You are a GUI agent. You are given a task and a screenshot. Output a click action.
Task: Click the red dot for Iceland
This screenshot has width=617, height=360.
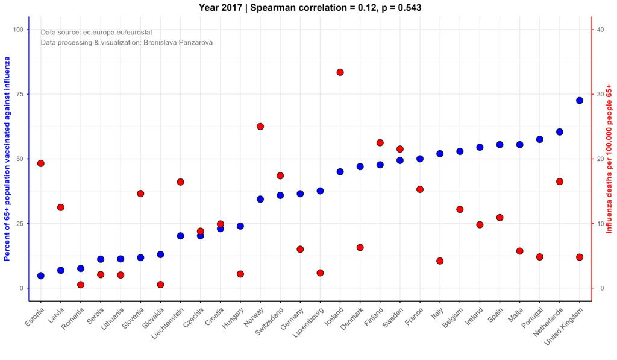pos(340,72)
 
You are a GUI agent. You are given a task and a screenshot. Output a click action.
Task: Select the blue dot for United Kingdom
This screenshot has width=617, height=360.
pos(579,101)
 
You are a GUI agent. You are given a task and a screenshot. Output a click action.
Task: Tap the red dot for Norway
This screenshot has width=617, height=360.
pos(260,127)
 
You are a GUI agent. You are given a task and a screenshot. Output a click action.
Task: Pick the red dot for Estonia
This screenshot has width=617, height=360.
pos(41,163)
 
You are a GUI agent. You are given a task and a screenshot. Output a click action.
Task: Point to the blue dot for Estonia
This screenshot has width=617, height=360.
pos(41,276)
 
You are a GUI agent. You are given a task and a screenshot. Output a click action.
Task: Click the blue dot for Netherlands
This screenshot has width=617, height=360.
pos(560,132)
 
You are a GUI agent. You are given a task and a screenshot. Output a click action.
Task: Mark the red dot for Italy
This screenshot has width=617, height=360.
pos(440,261)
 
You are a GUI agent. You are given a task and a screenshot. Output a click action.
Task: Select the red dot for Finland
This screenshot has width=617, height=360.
pos(380,142)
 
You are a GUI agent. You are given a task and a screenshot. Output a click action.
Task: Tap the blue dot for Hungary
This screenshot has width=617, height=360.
pos(240,226)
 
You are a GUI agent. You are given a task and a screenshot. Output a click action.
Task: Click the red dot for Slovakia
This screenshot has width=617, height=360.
pos(160,285)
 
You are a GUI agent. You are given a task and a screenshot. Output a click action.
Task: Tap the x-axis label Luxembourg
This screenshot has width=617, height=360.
pos(309,323)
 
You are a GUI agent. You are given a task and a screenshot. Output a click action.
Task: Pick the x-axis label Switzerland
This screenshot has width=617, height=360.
pos(270,321)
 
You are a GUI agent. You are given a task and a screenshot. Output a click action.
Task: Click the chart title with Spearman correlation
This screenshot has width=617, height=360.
pos(310,7)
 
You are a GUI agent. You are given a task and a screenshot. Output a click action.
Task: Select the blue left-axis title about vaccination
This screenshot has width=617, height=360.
pos(7,159)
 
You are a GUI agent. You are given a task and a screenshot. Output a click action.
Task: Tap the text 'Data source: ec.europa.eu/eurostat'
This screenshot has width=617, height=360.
pos(96,33)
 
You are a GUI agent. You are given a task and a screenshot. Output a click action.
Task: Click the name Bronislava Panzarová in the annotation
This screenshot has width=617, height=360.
pos(178,43)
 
